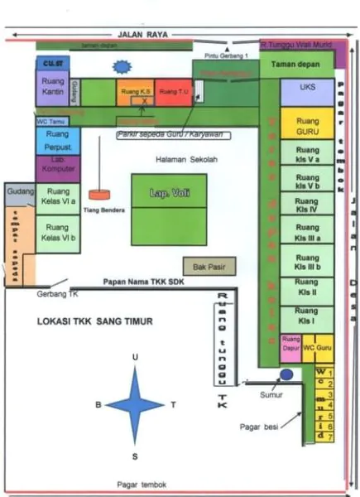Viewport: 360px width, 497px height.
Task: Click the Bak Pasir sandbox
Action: (209, 267)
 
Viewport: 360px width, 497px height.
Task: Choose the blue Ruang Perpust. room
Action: (57, 139)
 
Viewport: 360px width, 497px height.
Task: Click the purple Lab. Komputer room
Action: (57, 167)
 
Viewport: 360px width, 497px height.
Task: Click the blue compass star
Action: (135, 405)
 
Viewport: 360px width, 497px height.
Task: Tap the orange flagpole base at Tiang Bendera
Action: (99, 195)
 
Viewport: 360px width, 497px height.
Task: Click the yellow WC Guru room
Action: (316, 345)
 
